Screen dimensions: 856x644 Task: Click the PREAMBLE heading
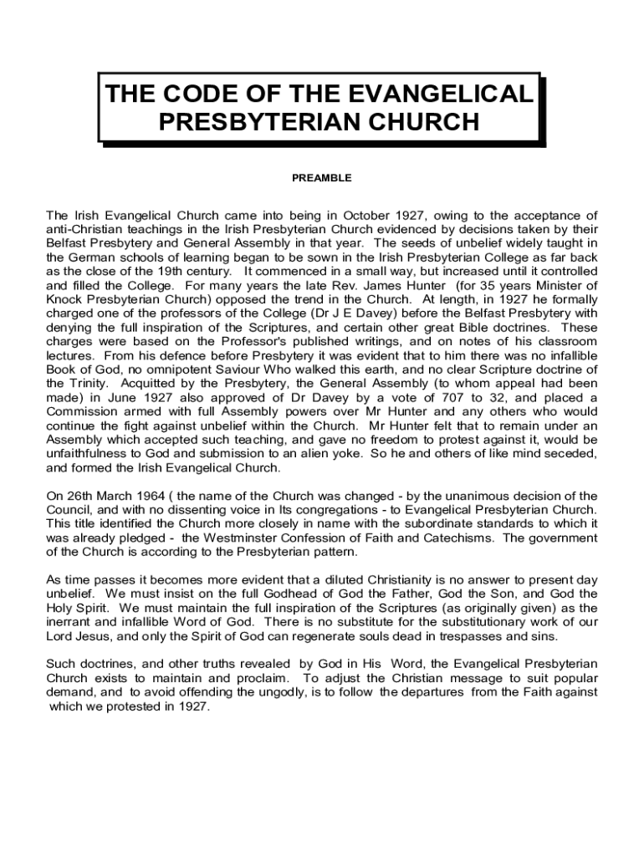[321, 178]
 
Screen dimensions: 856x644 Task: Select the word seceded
[571, 453]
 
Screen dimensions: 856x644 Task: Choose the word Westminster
[243, 538]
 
